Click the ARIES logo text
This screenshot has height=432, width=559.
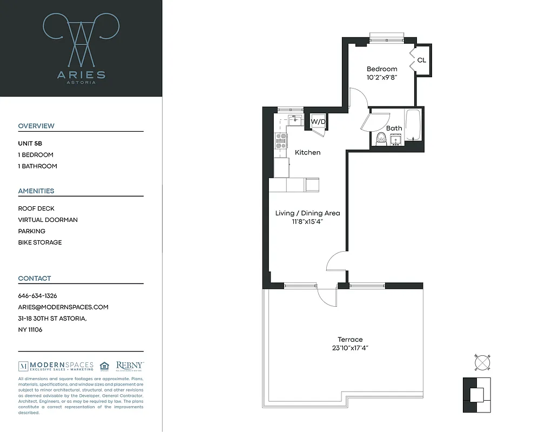point(81,75)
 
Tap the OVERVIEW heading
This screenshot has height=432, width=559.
point(36,126)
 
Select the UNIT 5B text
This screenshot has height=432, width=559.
point(30,144)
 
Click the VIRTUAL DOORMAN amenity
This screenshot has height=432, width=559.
point(48,220)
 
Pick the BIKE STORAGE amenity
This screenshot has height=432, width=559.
point(40,242)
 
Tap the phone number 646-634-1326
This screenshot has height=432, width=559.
point(37,296)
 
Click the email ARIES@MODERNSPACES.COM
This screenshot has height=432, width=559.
point(63,307)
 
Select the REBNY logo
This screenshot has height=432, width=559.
point(130,366)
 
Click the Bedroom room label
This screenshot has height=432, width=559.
point(382,69)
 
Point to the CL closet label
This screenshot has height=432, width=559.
point(422,60)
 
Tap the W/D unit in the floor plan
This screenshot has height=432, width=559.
point(318,122)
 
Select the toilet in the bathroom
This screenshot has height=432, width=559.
point(381,138)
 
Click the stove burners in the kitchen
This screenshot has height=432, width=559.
point(281,141)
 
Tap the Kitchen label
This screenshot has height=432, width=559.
point(307,153)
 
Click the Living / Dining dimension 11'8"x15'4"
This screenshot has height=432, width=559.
point(307,221)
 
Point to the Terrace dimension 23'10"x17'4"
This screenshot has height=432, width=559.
point(350,348)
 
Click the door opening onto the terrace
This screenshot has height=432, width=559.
point(327,294)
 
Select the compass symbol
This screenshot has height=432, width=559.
point(481,363)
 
